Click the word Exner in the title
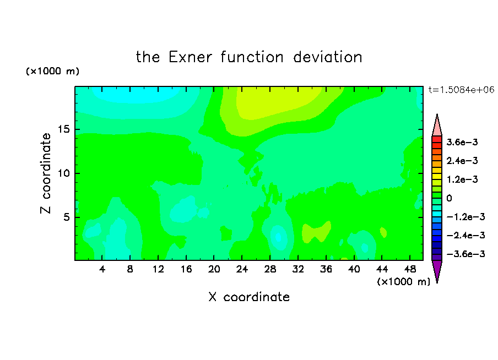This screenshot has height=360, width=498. [x=190, y=57]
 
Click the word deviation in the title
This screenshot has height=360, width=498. [x=327, y=57]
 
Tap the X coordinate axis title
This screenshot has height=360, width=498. [x=249, y=297]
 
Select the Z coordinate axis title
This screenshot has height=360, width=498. [x=45, y=173]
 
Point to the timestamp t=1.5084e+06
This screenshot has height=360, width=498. [x=461, y=90]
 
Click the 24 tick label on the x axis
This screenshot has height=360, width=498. [x=242, y=269]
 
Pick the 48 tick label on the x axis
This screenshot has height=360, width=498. [x=410, y=269]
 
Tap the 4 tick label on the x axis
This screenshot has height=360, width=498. [x=102, y=269]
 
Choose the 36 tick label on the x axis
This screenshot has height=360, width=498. [x=326, y=269]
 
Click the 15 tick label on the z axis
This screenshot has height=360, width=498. [x=64, y=129]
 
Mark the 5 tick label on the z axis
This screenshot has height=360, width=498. [x=66, y=217]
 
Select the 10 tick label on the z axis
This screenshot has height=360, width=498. [x=64, y=173]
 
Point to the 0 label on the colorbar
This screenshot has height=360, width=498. [x=449, y=198]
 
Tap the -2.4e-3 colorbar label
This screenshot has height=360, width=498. [x=465, y=235]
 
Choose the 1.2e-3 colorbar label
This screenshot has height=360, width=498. [x=462, y=179]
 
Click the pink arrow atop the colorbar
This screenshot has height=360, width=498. [x=437, y=127]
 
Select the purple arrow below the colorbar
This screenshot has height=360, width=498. [x=437, y=269]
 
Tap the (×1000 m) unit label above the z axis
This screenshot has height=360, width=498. [x=52, y=71]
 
